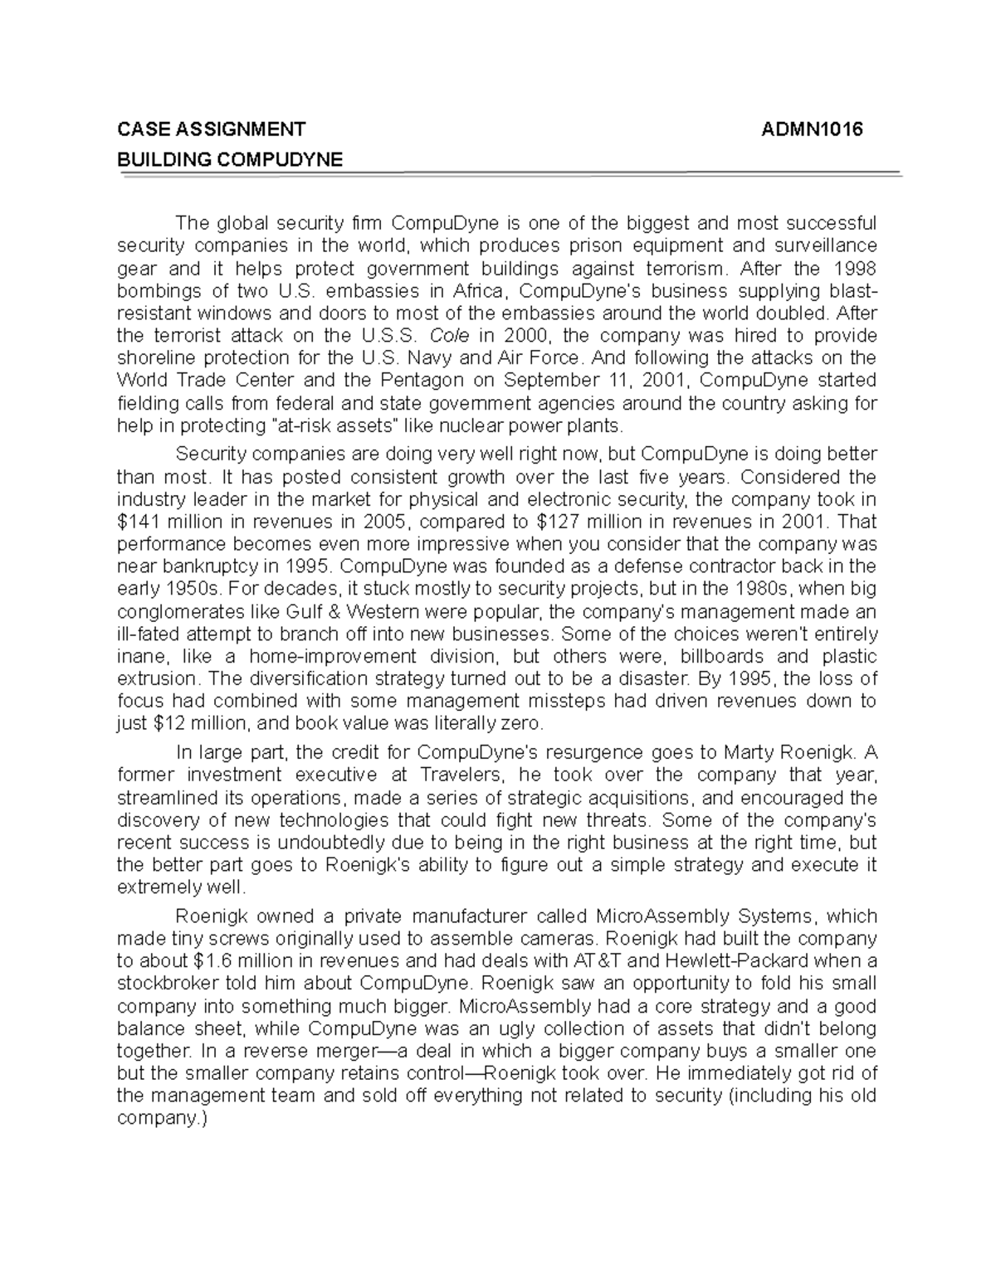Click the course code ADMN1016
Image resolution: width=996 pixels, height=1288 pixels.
coord(813,129)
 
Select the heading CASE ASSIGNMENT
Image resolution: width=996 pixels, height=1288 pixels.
coord(211,129)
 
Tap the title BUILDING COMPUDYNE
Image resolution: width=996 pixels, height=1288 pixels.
coord(230,160)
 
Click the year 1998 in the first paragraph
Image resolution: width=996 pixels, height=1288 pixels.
coord(855,269)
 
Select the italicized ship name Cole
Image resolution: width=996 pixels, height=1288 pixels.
coord(447,336)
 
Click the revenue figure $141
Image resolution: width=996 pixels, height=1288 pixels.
coord(139,522)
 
